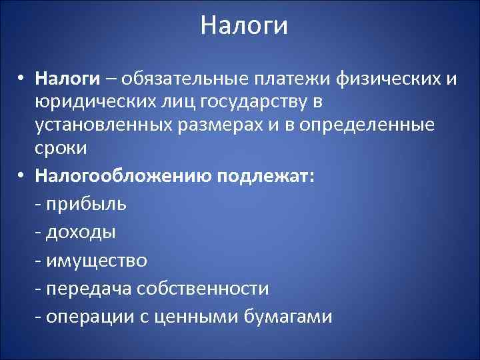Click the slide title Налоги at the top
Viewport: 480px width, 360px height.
(x=244, y=27)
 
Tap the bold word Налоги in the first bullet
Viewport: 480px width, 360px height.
(x=69, y=79)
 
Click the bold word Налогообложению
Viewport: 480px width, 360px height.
(x=123, y=177)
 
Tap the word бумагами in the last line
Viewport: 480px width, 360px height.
(x=285, y=316)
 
